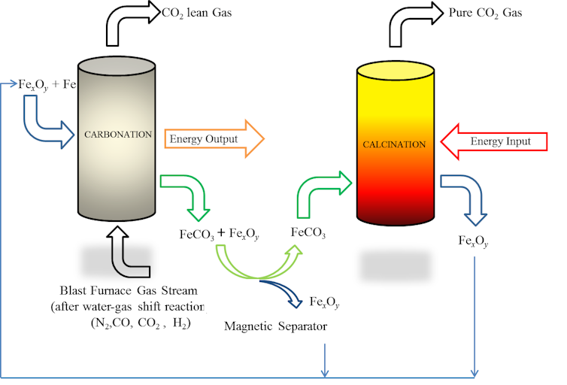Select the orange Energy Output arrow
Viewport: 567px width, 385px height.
pos(215,139)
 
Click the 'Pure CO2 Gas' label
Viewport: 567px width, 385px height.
pos(486,13)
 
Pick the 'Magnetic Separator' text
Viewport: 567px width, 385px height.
pos(276,326)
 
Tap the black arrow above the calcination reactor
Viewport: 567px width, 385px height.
pos(414,23)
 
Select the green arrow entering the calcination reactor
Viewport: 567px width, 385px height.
pos(323,192)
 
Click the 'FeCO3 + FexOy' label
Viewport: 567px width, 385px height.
pos(219,235)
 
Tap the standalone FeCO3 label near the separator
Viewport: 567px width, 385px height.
pos(308,234)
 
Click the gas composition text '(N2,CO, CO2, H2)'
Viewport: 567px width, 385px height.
pos(139,323)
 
